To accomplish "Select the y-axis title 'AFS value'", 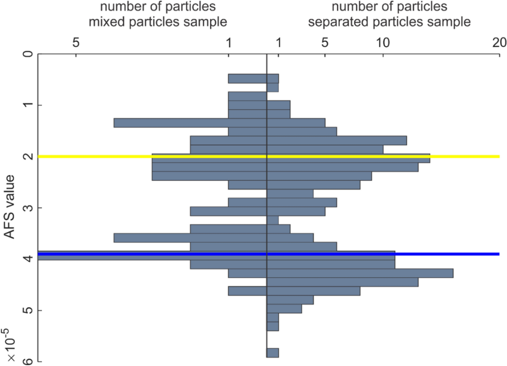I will (10, 207).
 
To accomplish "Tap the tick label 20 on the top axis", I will (499, 43).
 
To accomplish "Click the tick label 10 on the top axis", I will (383, 43).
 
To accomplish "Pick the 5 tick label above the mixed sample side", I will (76, 43).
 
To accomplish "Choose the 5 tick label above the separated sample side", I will (325, 43).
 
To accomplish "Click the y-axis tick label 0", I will (29, 54).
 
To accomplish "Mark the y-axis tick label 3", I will (29, 208).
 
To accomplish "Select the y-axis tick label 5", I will (29, 310).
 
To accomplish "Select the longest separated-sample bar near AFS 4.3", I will (360, 273).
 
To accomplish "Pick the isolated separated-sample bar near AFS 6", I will (272, 353).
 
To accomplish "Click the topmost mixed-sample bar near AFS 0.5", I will (247, 79).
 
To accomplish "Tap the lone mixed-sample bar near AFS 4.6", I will (247, 291).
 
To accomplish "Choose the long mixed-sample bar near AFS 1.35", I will (171, 123).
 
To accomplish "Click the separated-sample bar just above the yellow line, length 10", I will (325, 149).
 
